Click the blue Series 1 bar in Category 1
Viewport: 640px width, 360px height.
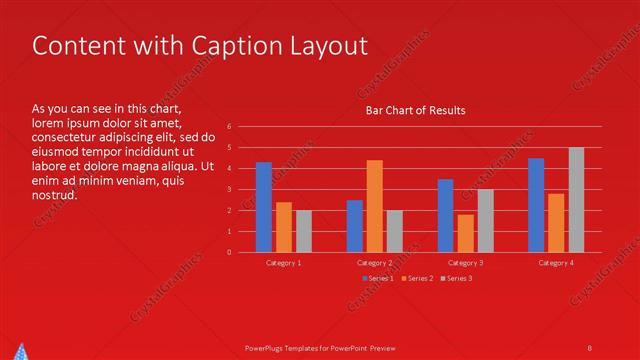tap(264, 207)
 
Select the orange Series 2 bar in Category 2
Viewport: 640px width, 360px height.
tap(374, 206)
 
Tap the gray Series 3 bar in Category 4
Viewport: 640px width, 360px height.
tap(576, 200)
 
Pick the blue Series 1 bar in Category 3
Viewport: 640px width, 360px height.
tap(445, 216)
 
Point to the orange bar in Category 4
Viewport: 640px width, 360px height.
tap(556, 223)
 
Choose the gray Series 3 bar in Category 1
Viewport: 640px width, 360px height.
tap(304, 231)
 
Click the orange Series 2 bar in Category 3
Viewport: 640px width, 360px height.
tap(465, 233)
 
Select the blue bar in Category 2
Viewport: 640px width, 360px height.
tap(354, 226)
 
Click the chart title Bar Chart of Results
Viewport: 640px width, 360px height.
tap(415, 110)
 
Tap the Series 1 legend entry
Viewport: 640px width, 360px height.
tap(377, 278)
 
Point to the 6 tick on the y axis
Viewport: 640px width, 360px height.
tap(229, 127)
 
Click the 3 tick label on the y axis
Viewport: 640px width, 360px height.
tap(229, 189)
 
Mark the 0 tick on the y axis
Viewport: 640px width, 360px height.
tap(229, 252)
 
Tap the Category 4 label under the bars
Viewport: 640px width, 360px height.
tap(556, 262)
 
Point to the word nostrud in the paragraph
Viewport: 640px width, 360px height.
tap(54, 195)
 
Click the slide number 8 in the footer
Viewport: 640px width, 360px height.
tap(590, 347)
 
